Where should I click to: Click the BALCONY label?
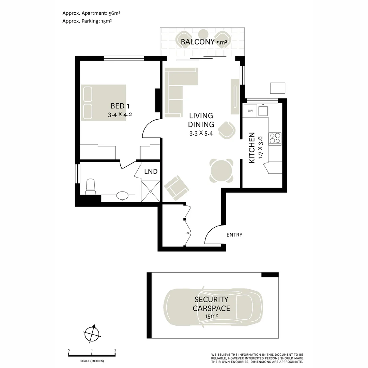[x=198, y=42]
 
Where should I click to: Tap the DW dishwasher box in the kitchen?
[x=250, y=110]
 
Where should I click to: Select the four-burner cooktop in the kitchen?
[x=275, y=138]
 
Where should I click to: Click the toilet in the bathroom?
[x=90, y=187]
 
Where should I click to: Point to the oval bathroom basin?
[x=122, y=195]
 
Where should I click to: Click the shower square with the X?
[x=151, y=191]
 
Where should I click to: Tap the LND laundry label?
[x=151, y=171]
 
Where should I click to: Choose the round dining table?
[x=221, y=171]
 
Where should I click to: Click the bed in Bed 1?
[x=103, y=103]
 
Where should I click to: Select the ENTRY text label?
[x=234, y=235]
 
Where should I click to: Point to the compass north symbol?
[x=92, y=333]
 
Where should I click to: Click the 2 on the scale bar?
[x=115, y=350]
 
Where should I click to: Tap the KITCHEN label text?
[x=251, y=148]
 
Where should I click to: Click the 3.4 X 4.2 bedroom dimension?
[x=120, y=115]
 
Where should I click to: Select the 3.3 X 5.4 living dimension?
[x=201, y=134]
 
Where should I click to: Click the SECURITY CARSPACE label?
[x=211, y=304]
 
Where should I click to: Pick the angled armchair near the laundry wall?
[x=177, y=188]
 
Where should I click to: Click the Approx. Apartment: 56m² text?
[x=91, y=13]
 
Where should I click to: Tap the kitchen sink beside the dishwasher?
[x=263, y=111]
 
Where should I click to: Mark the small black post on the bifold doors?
[x=184, y=219]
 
